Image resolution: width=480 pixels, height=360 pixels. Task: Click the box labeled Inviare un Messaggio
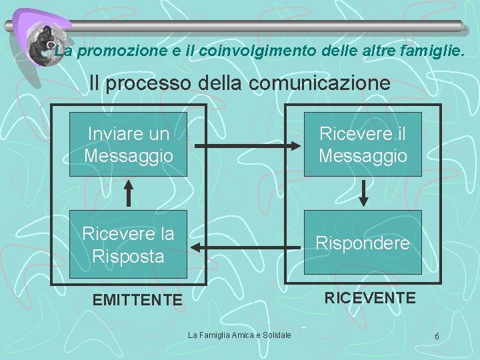pos(128,144)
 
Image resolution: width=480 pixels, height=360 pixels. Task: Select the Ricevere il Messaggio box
pos(363,144)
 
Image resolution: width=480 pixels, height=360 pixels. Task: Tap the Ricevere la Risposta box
pos(128,244)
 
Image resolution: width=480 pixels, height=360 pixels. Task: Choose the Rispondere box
pos(363,243)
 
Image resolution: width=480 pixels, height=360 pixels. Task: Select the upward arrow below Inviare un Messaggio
pos(129,194)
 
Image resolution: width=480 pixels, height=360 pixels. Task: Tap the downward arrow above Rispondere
pos(363,192)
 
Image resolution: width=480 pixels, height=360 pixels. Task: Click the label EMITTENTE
pos(137,301)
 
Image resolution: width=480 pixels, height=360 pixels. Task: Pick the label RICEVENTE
pos(369,297)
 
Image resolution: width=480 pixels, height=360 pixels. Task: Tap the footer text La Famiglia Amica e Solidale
pos(239,335)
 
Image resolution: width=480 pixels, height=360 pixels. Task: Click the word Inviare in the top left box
pos(116,133)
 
